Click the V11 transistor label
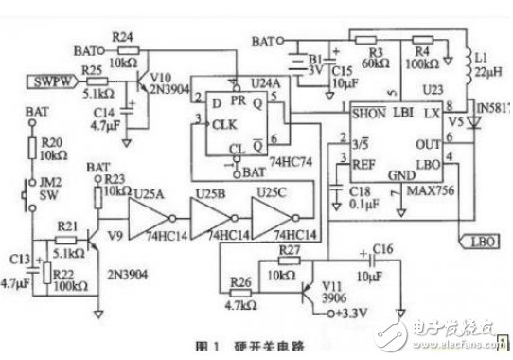tap(330, 284)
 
